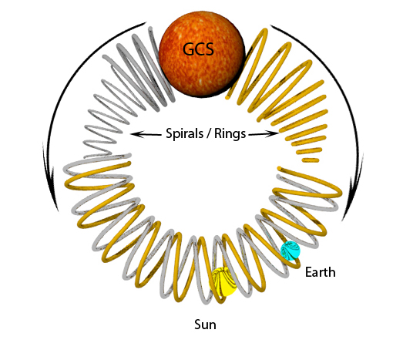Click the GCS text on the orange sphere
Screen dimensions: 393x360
[x=198, y=49]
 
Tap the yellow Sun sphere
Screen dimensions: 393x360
[x=223, y=281]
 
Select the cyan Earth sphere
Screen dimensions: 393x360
[x=291, y=251]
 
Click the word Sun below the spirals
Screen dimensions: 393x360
[x=205, y=325]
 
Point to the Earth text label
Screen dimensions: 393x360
[x=321, y=272]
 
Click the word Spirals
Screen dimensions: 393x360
[x=184, y=133]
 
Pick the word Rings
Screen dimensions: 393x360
[x=230, y=133]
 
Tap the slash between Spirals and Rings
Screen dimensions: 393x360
[x=209, y=133]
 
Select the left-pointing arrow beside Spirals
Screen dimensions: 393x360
[x=146, y=134]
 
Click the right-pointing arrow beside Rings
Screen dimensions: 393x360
[x=264, y=133]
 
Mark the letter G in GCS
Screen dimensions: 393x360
[x=189, y=49]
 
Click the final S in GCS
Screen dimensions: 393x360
[x=210, y=49]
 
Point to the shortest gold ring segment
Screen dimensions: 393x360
[x=311, y=160]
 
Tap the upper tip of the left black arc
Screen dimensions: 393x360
[x=146, y=22]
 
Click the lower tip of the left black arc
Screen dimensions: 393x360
[x=58, y=210]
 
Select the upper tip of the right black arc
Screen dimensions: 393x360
[x=270, y=25]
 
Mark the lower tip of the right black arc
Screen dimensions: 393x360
[x=342, y=220]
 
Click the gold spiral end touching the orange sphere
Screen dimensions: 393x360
[x=227, y=97]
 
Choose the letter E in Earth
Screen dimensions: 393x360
[x=308, y=272]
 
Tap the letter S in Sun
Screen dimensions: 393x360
[x=198, y=325]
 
